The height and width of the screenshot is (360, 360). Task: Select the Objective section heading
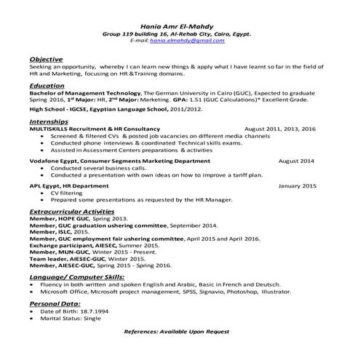(x=46, y=58)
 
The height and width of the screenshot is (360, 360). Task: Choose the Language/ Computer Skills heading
(x=76, y=277)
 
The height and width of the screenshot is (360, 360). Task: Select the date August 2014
(x=296, y=160)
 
